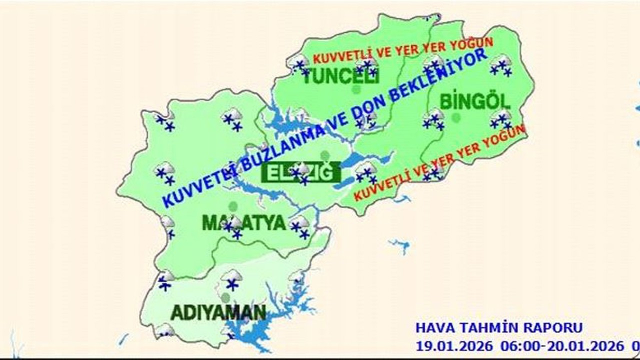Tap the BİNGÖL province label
pyautogui.click(x=475, y=101)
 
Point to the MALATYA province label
pyautogui.click(x=243, y=223)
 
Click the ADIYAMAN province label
pyautogui.click(x=218, y=312)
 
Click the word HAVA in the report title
pyautogui.click(x=431, y=328)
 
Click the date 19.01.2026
pyautogui.click(x=454, y=345)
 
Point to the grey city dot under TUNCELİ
pyautogui.click(x=356, y=90)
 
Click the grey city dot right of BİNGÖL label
pyautogui.click(x=455, y=117)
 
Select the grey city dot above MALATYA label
pyautogui.click(x=232, y=206)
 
